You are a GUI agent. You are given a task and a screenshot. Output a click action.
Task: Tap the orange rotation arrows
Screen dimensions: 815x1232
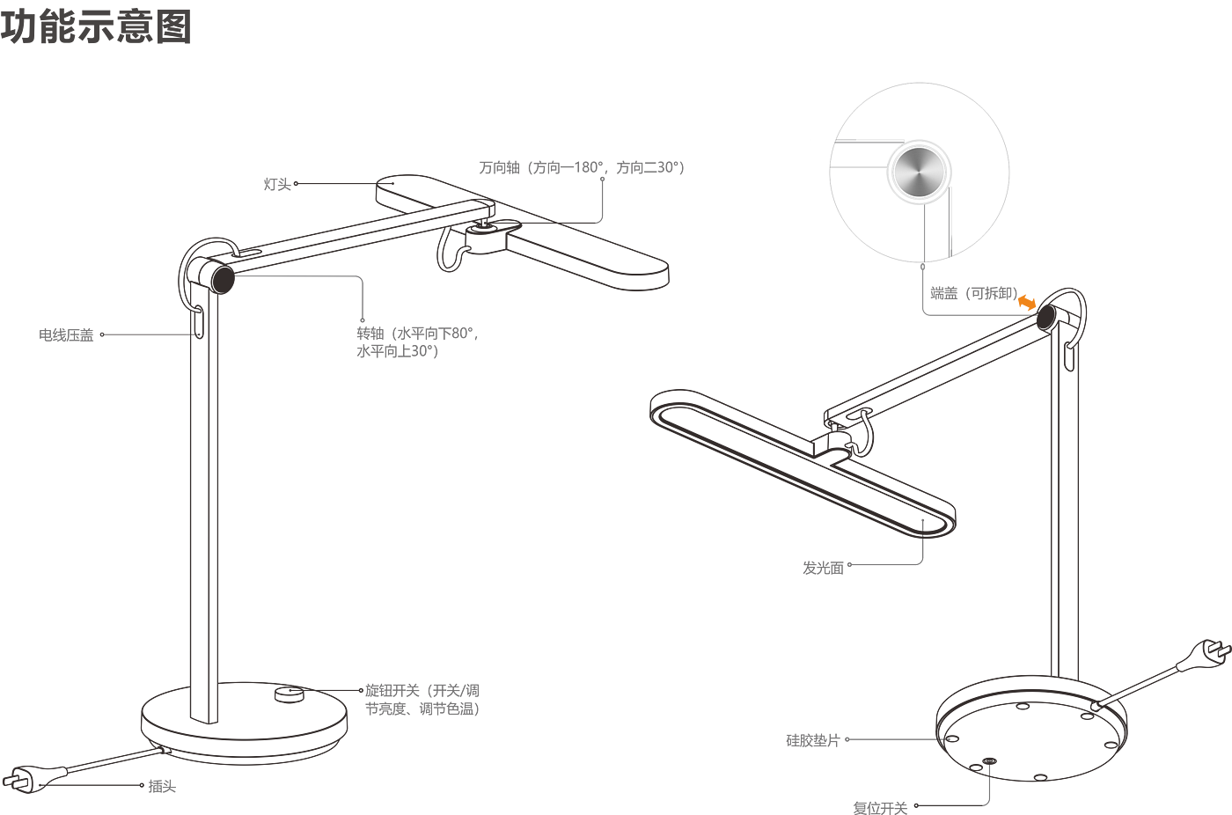1027,302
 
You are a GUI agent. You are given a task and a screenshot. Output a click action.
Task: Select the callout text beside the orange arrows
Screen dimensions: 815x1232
972,294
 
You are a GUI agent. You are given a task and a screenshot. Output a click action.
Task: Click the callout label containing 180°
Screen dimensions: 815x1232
581,167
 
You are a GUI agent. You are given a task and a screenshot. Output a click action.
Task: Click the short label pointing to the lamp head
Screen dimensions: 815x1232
277,185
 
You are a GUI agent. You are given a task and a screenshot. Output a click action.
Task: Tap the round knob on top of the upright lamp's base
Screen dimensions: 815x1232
288,695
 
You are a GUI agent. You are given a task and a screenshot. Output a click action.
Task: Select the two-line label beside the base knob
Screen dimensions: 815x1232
422,699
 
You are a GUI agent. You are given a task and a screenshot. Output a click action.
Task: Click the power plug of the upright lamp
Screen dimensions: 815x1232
22,780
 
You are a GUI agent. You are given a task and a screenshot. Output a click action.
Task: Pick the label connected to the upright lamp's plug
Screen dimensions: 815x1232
161,785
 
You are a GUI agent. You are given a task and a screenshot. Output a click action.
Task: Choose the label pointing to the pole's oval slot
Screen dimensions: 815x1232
66,334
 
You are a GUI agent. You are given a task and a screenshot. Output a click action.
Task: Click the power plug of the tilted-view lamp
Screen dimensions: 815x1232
1207,654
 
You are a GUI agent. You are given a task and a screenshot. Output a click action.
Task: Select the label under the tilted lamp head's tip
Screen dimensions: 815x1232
823,568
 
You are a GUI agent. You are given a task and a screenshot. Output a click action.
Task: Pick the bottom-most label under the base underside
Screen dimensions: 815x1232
879,805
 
